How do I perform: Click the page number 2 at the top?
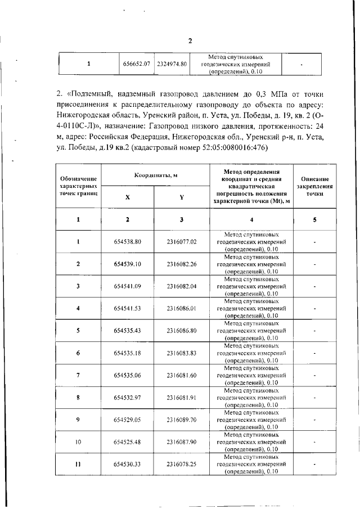point(190,41)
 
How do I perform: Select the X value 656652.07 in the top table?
point(137,65)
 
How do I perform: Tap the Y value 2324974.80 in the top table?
point(172,65)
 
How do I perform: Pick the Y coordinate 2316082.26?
point(181,264)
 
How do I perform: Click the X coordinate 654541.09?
point(127,286)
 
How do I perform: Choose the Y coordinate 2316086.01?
point(181,308)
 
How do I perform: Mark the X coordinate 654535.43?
point(127,331)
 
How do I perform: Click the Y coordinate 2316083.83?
point(181,353)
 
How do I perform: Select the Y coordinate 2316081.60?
point(181,375)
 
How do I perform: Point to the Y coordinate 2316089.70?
point(181,420)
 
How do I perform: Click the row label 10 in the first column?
point(78,442)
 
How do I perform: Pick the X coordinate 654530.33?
point(127,465)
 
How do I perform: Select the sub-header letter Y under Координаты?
point(181,197)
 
